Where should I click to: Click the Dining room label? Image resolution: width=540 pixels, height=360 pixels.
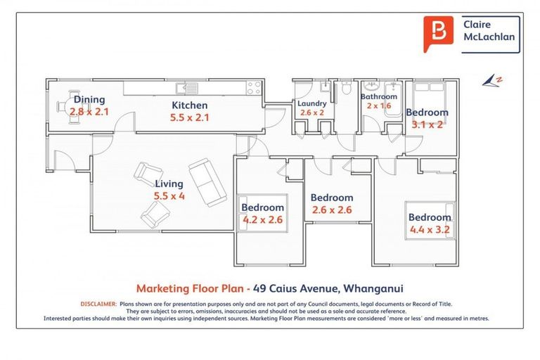point(89,100)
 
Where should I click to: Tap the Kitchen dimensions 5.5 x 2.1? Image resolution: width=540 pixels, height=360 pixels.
point(189,117)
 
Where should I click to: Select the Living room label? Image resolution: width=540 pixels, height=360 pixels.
point(169,184)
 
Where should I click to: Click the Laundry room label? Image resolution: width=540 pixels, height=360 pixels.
point(312,103)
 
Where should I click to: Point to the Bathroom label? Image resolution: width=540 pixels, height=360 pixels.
point(379,97)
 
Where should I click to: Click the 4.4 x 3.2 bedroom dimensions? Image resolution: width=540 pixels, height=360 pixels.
point(430,229)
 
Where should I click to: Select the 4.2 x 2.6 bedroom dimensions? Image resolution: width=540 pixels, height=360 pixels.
point(263,219)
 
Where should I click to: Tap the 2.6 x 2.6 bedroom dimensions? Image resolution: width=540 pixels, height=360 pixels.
point(332,210)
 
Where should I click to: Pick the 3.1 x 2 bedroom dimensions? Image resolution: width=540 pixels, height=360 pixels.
point(427,124)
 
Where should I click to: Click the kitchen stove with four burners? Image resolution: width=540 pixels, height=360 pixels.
point(254,87)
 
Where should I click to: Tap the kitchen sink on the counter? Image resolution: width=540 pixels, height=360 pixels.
point(187,88)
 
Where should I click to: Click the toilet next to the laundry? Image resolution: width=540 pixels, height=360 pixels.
point(345,87)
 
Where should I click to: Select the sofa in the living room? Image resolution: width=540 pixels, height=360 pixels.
point(207,182)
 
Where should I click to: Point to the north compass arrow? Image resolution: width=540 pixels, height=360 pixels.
point(491,82)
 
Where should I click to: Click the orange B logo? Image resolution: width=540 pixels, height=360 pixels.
point(439,34)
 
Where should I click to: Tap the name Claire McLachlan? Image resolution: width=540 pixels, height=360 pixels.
point(489,31)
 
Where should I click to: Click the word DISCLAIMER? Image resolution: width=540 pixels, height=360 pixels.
point(99,304)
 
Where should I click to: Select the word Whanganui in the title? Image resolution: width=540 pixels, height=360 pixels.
point(373,288)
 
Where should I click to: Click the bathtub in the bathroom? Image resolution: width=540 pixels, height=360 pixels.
point(392,100)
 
